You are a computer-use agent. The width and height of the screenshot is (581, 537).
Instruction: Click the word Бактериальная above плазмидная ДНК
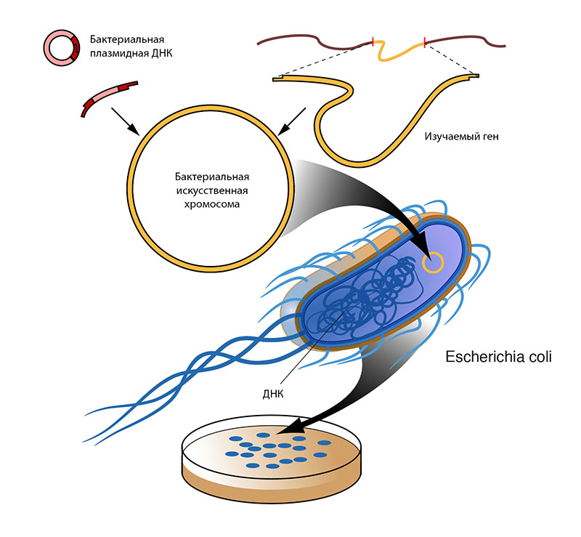coord(127,39)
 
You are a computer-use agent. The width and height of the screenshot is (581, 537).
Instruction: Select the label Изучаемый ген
coord(461,137)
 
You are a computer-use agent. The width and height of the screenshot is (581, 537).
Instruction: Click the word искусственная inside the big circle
coord(212,190)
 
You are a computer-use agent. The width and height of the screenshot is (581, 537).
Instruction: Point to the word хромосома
coord(212,204)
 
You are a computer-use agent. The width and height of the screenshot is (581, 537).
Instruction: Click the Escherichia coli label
coord(498,357)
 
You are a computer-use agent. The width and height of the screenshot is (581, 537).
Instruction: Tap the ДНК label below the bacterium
coord(273,394)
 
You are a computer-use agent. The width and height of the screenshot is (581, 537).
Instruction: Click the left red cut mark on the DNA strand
coord(373,41)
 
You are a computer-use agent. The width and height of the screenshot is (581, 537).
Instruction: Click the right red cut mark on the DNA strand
coord(424,41)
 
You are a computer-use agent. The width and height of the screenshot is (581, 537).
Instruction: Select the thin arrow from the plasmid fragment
coord(125,121)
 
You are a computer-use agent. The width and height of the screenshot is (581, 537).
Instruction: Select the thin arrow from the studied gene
coord(292,121)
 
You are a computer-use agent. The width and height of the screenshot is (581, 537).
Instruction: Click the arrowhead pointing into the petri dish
coord(293,426)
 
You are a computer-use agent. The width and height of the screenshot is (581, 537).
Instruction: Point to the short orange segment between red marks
coord(399,52)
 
